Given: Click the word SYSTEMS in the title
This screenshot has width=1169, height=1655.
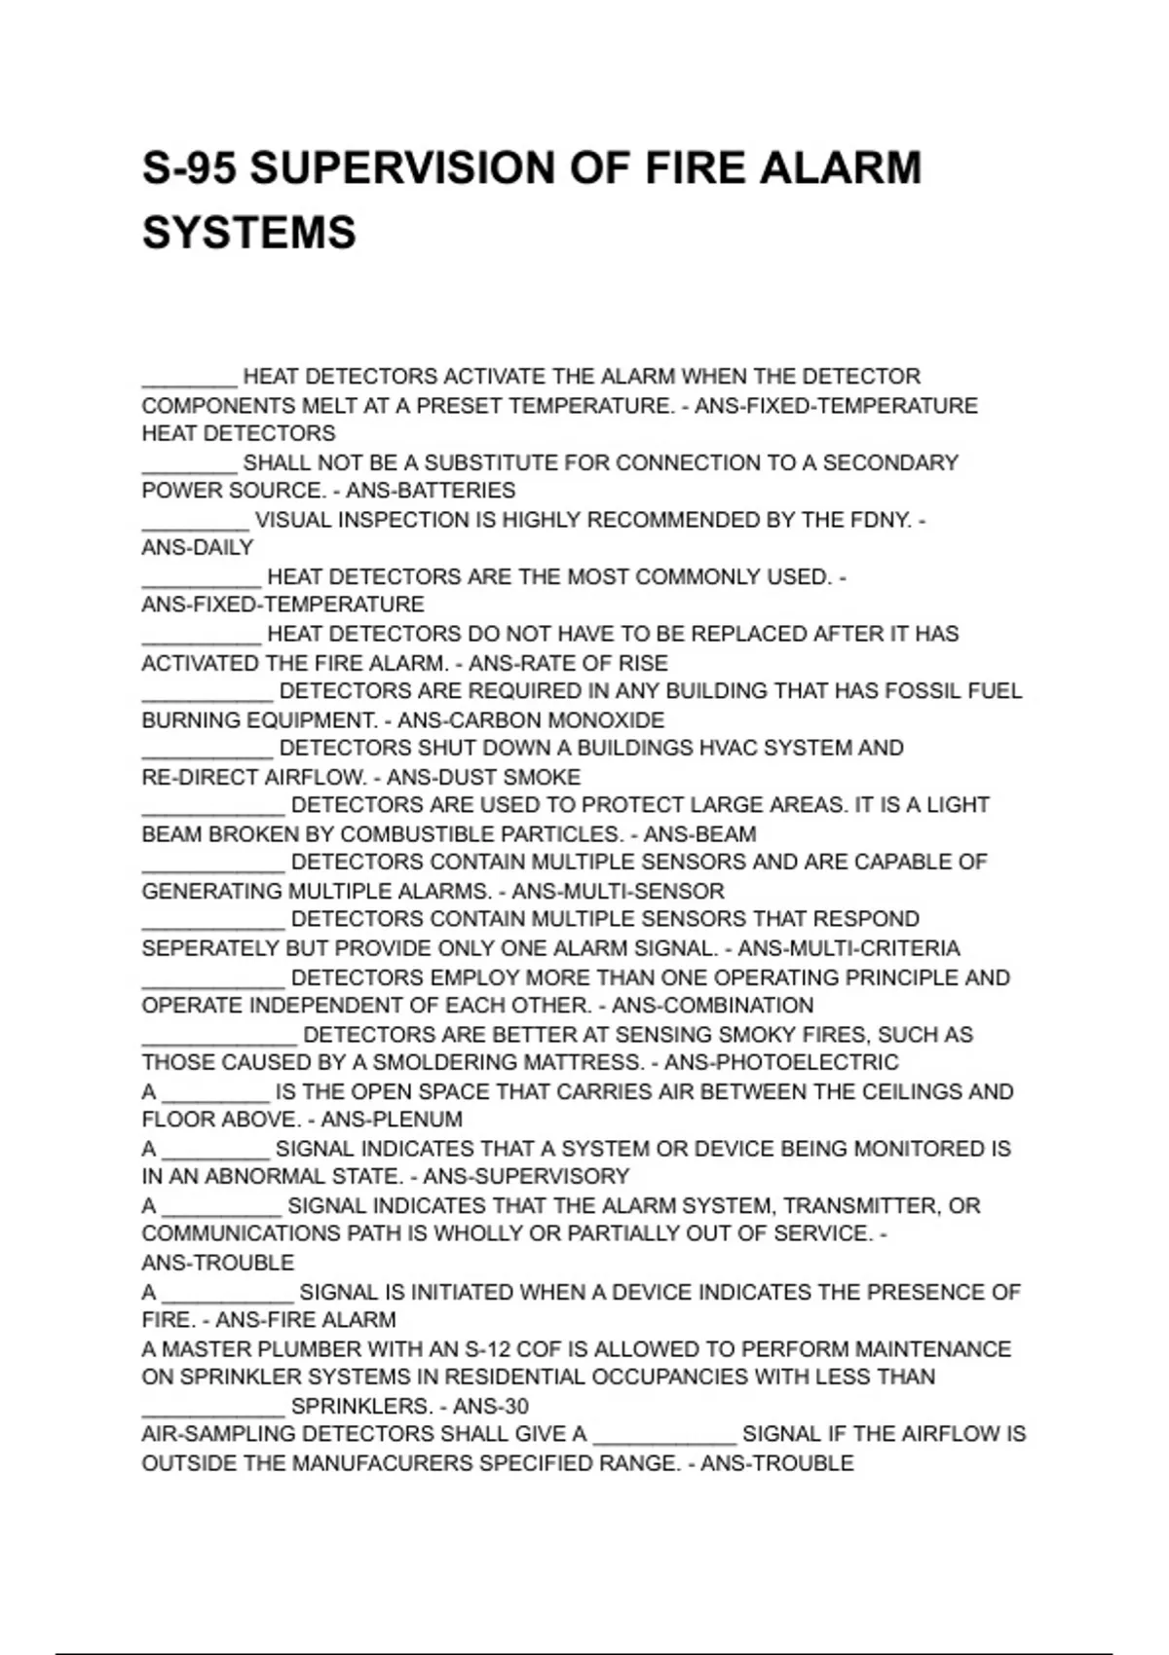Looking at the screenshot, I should point(249,233).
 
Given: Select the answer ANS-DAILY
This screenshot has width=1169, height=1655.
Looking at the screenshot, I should point(198,548).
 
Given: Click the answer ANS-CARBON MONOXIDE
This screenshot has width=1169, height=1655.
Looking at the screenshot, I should point(531,720).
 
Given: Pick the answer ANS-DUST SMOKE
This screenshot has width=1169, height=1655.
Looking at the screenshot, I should point(483,778).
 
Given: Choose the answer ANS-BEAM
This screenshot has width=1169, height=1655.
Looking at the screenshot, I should point(699,834).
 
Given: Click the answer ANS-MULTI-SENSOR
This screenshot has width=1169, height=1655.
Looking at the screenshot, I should point(618,892).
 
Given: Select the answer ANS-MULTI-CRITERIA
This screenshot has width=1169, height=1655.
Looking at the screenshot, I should point(848,948).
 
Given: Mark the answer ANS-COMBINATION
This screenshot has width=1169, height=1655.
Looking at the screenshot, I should point(712,1006).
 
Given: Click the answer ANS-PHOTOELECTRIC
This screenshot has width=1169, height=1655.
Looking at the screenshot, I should point(781,1062).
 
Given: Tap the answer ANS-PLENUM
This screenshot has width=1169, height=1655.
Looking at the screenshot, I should point(392,1120).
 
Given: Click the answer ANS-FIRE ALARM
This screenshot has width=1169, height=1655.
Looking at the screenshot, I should point(306,1320).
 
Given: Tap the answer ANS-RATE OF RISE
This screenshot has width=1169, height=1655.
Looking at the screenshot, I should point(568,664).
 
